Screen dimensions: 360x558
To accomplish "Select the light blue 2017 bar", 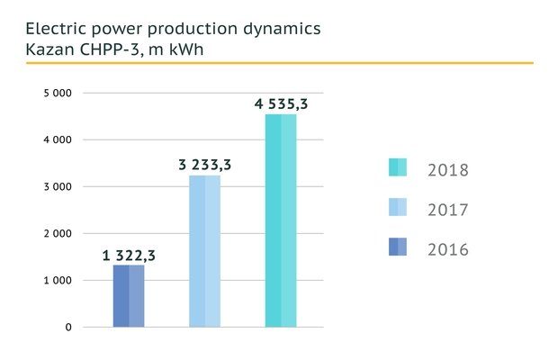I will click(205, 251).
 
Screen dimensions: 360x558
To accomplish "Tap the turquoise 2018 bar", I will click(281, 220).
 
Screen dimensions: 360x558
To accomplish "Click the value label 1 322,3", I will click(129, 256).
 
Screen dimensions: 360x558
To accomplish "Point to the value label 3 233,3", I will click(205, 164).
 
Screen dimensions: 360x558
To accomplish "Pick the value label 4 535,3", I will click(281, 103).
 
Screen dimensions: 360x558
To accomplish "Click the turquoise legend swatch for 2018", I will click(398, 168).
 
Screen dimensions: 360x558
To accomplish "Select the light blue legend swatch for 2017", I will click(398, 209).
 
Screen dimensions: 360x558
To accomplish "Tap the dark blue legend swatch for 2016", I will click(398, 247).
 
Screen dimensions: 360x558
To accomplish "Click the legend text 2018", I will click(448, 169).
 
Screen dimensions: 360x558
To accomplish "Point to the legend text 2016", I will click(448, 249).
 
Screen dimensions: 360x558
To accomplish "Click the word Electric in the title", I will click(57, 28).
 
